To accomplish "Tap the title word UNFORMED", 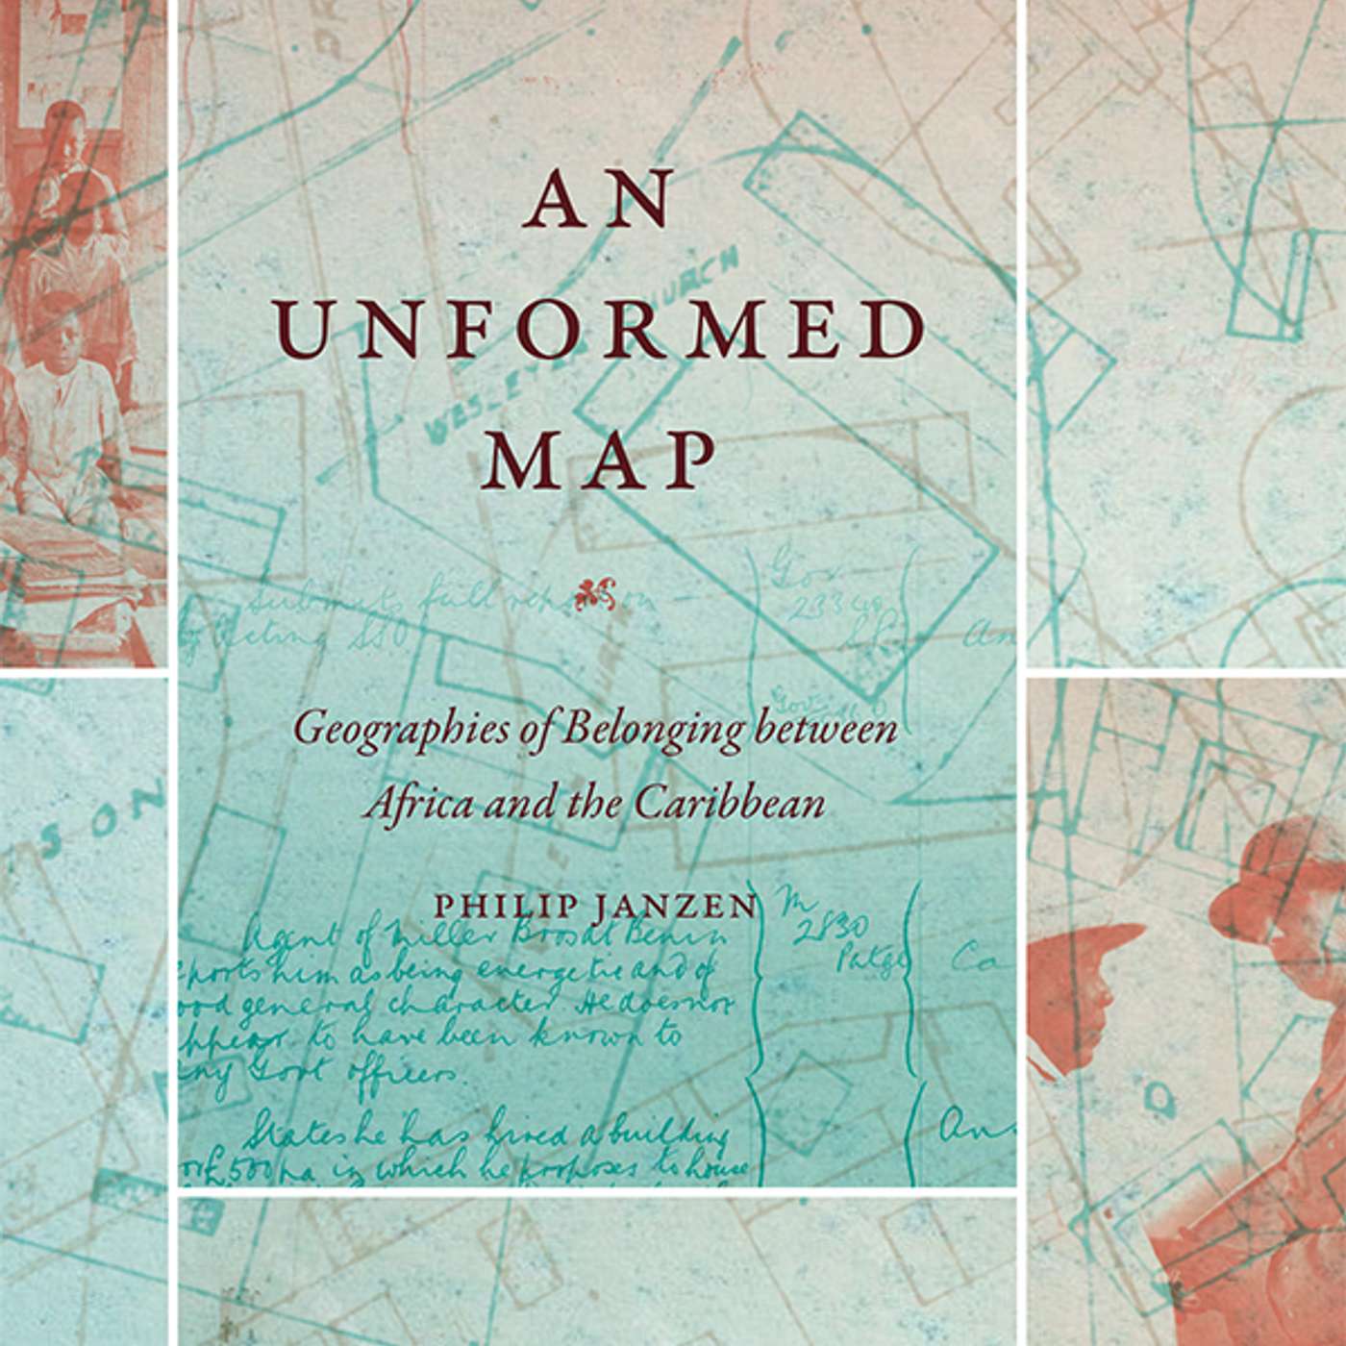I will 604,331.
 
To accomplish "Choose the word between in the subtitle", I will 827,729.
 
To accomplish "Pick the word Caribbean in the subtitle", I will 729,803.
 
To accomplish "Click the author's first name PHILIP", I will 490,907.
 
